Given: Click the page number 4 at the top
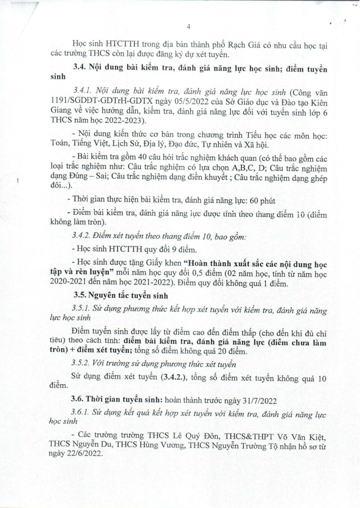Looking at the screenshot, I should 188,26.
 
